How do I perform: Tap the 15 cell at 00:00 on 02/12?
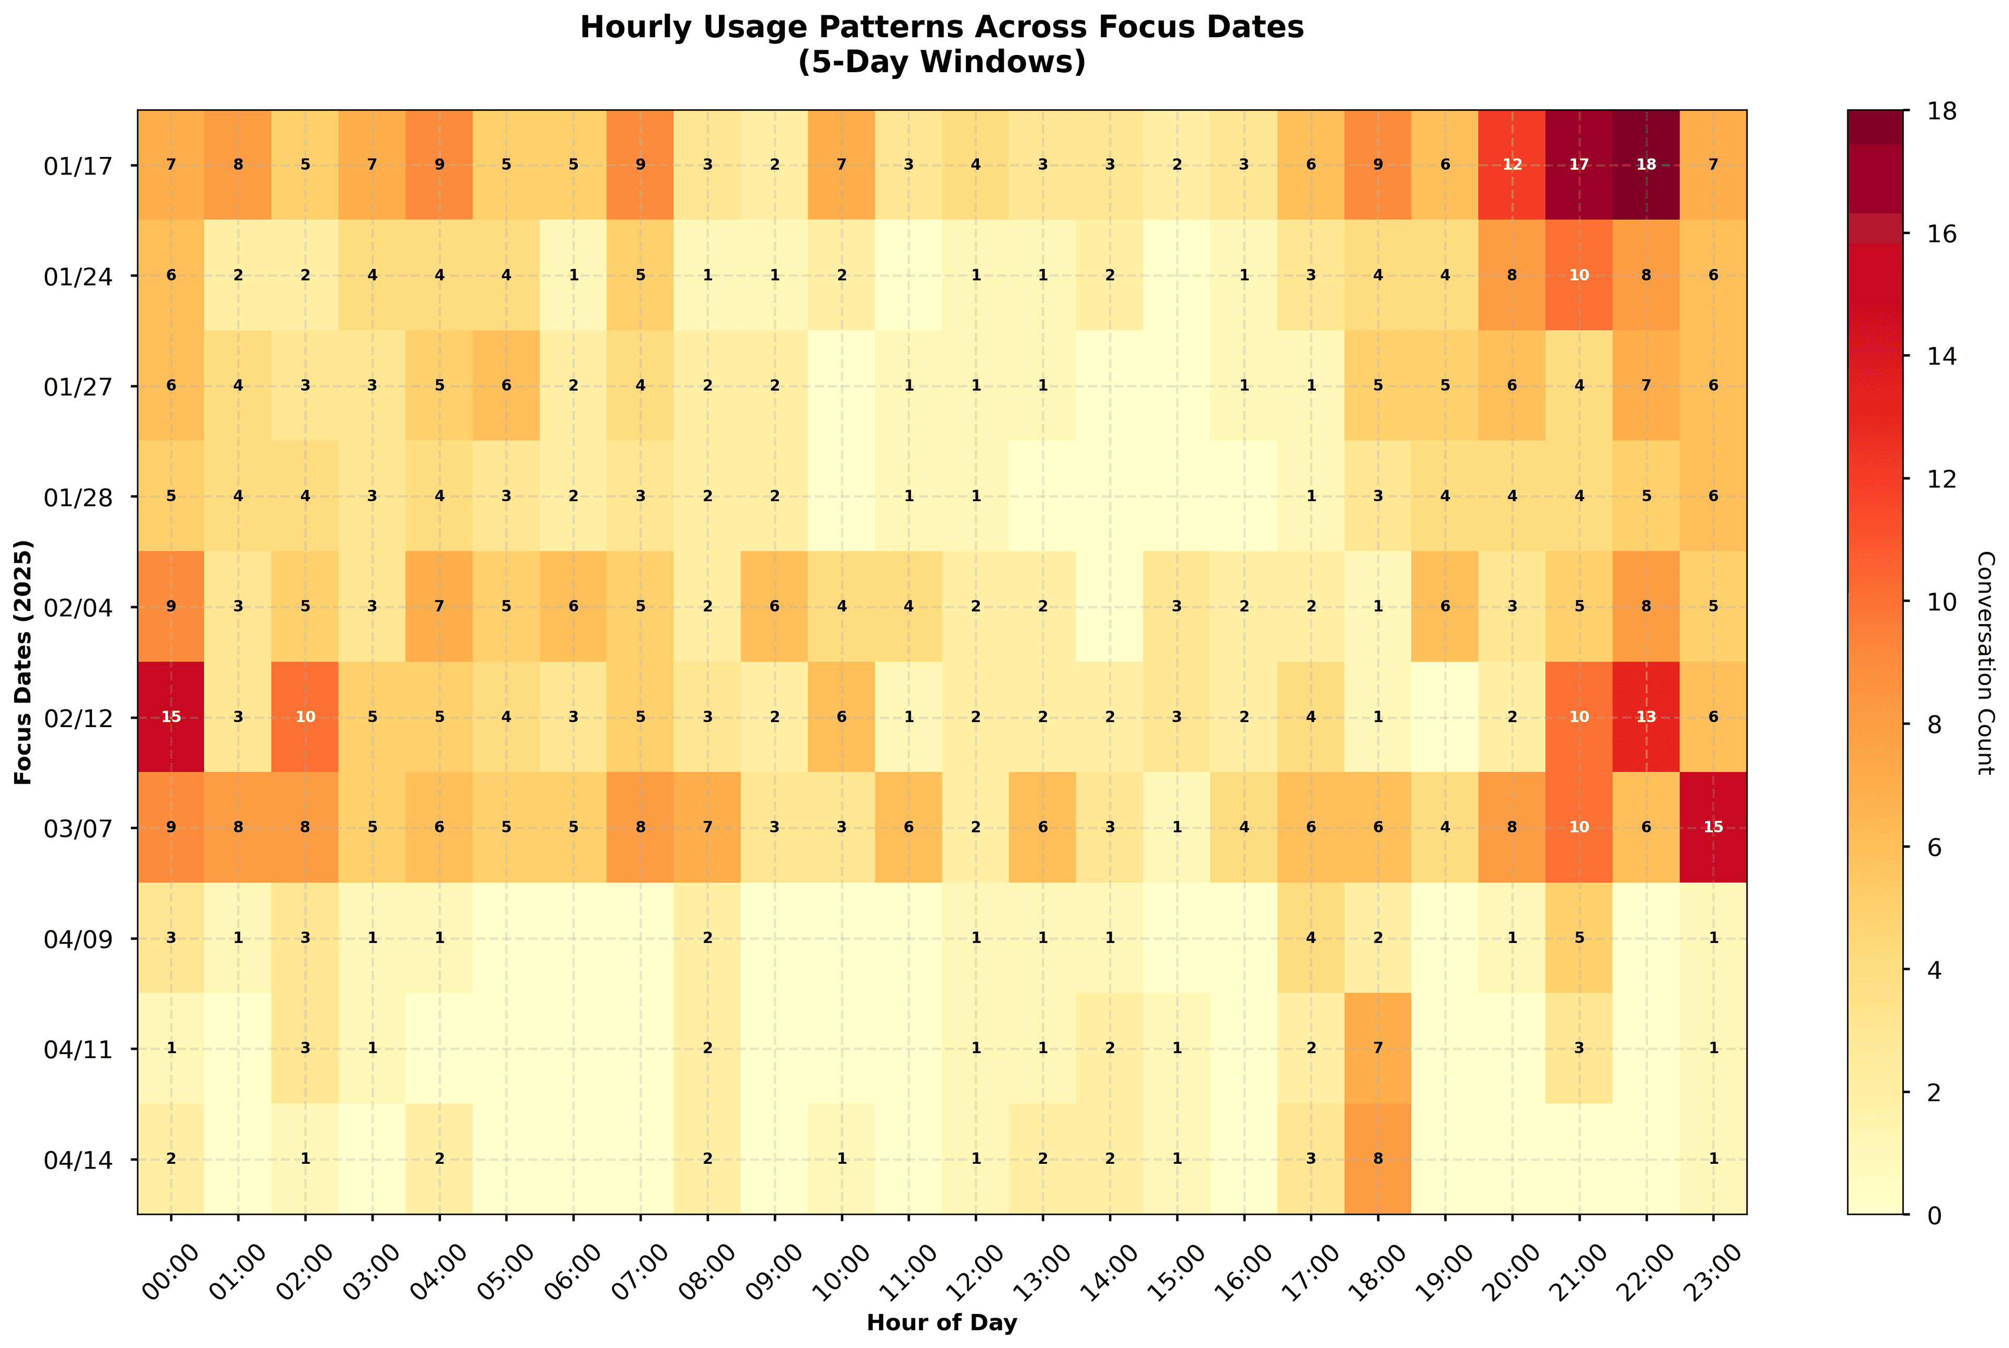171,717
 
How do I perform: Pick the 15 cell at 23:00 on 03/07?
1712,827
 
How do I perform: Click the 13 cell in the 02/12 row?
1645,717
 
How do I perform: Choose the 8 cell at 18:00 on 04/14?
1377,1158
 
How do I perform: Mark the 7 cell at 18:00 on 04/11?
1377,1048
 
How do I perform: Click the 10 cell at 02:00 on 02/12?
305,717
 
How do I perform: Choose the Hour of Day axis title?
941,1323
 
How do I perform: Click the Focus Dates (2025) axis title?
23,662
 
